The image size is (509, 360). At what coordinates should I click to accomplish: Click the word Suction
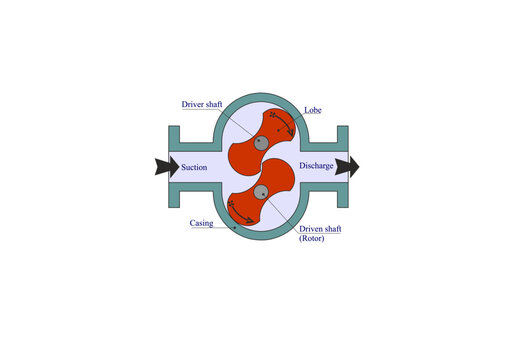(x=194, y=167)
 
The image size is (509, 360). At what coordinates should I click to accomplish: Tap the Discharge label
(x=315, y=167)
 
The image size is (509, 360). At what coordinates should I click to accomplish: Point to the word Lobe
(x=312, y=109)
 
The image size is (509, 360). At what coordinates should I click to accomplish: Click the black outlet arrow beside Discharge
(x=347, y=167)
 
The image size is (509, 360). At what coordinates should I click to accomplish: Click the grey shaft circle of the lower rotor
(x=260, y=192)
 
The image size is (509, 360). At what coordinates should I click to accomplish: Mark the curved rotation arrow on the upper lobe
(x=284, y=122)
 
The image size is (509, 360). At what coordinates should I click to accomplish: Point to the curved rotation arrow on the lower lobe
(x=238, y=211)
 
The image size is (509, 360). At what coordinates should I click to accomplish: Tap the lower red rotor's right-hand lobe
(x=285, y=180)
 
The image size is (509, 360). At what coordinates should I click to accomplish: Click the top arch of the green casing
(x=260, y=96)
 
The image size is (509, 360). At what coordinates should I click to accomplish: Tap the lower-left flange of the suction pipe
(x=173, y=197)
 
